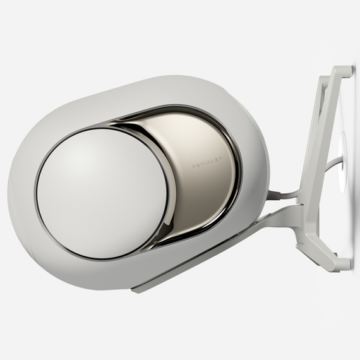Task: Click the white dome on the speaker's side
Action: tap(101, 192)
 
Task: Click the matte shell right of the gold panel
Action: tap(256, 171)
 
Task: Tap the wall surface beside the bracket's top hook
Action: tap(351, 51)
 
